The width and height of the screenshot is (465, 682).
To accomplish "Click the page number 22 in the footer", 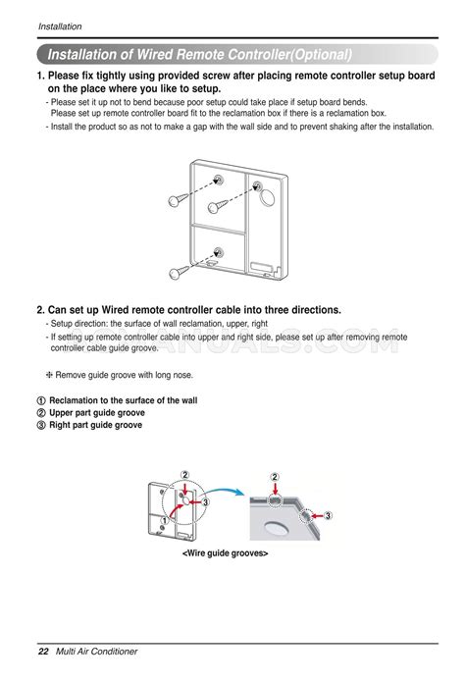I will pyautogui.click(x=43, y=652).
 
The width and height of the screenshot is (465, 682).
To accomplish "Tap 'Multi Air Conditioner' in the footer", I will pyautogui.click(x=96, y=652).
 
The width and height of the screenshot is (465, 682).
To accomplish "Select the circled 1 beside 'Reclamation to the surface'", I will pyautogui.click(x=40, y=401).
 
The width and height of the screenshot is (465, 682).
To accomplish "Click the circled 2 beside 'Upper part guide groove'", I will pyautogui.click(x=40, y=413).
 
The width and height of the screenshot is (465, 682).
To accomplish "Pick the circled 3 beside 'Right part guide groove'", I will pyautogui.click(x=40, y=425).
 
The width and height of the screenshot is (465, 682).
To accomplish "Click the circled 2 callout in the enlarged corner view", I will pyautogui.click(x=276, y=476).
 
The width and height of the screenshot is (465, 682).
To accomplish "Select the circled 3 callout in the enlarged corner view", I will pyautogui.click(x=328, y=514).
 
